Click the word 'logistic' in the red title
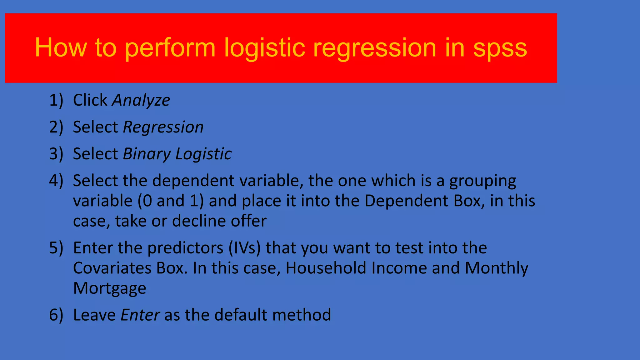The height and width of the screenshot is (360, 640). [x=264, y=48]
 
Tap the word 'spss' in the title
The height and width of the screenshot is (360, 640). [x=500, y=48]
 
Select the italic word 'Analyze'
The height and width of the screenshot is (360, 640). [x=141, y=101]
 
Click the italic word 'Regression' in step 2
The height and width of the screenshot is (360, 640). [x=163, y=127]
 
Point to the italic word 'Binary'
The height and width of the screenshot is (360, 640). [x=147, y=154]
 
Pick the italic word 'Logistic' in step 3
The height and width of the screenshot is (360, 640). [x=203, y=154]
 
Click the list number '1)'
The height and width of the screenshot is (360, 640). [x=56, y=101]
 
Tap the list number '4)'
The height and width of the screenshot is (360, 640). [x=56, y=181]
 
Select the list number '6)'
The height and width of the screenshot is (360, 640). [x=56, y=315]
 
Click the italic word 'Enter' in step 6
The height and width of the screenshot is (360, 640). [x=140, y=315]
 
